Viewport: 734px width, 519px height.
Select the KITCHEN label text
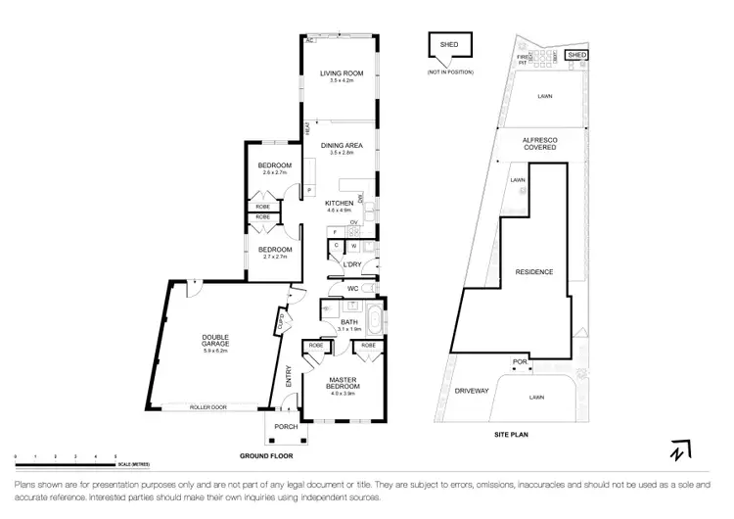point(339,203)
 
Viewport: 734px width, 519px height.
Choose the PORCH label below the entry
point(285,427)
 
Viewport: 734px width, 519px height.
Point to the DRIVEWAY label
point(471,390)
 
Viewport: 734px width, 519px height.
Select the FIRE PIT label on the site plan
point(523,60)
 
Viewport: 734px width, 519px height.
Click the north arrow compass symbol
point(678,450)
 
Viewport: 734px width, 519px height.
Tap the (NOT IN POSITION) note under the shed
point(450,72)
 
